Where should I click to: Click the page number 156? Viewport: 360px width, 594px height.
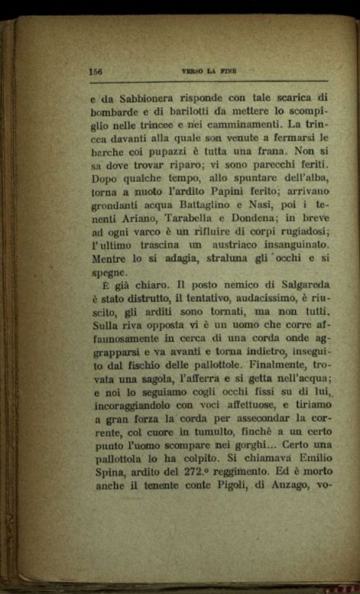pyautogui.click(x=96, y=71)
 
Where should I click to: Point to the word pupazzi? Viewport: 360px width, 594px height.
pyautogui.click(x=168, y=151)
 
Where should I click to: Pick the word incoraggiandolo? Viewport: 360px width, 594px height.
pyautogui.click(x=130, y=404)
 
